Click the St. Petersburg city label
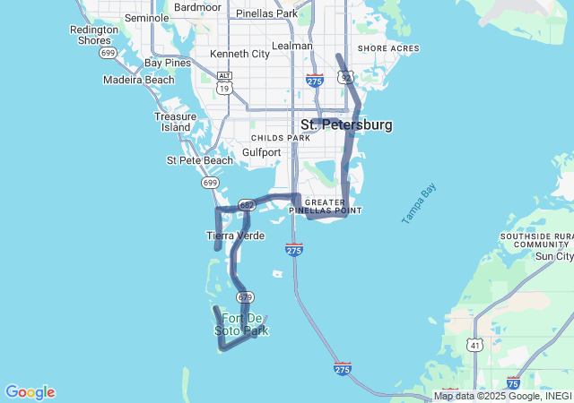[x=346, y=124]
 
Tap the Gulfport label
[x=262, y=152]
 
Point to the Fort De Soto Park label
[x=241, y=325]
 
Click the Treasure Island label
[x=174, y=122]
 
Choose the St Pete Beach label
[x=200, y=160]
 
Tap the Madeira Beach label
[x=139, y=80]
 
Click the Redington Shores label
[x=93, y=35]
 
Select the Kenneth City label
[x=239, y=54]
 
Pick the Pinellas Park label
[x=266, y=13]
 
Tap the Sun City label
[x=553, y=256]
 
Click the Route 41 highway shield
[x=474, y=345]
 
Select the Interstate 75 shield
[x=512, y=382]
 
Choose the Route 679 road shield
[x=246, y=296]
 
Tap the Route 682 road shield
[x=246, y=205]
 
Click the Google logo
[x=30, y=391]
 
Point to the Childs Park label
[x=280, y=138]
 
